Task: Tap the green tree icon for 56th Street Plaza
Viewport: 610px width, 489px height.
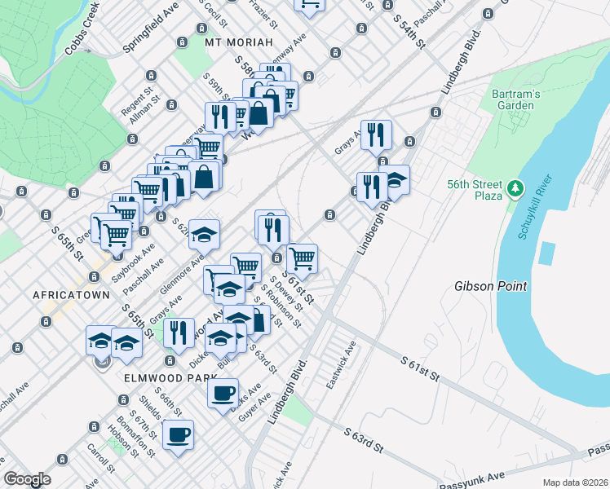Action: click(x=515, y=189)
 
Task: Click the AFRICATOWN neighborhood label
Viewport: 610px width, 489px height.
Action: click(x=71, y=294)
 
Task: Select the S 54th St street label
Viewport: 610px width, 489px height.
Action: click(x=409, y=30)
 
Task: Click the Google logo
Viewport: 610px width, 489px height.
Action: click(x=28, y=479)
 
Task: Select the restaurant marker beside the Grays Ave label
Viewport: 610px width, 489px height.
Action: click(x=376, y=134)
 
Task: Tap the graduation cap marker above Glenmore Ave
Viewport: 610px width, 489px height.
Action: click(x=204, y=234)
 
